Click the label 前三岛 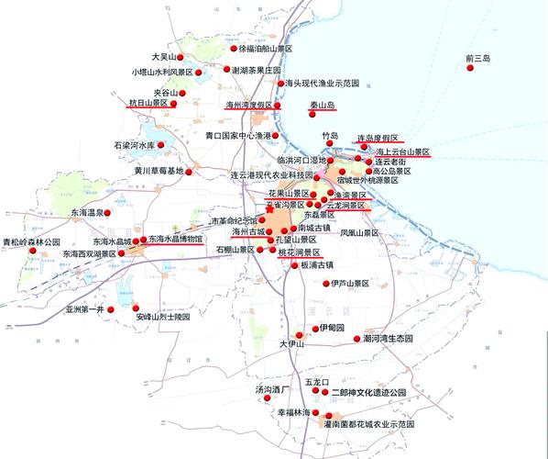[x=478, y=59]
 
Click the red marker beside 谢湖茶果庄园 [x=225, y=70]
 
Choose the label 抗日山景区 [x=148, y=104]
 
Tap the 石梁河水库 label [x=138, y=145]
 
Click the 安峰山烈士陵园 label [x=161, y=317]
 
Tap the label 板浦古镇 [x=321, y=266]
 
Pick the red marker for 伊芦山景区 [x=325, y=284]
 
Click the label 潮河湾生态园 [x=389, y=339]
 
